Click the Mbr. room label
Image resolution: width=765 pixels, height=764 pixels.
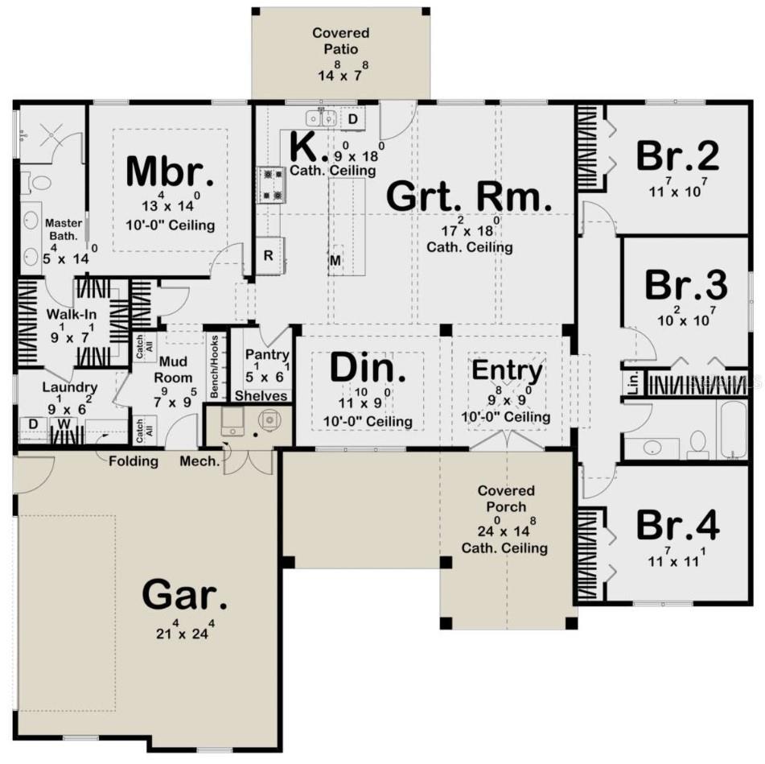(169, 171)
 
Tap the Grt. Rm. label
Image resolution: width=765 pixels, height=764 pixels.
(469, 196)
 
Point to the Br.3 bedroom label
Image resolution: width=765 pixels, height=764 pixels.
(686, 285)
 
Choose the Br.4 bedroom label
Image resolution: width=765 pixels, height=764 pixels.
(677, 525)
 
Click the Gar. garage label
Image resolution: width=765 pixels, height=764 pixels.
(184, 594)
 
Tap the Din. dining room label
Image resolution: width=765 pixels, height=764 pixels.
(368, 367)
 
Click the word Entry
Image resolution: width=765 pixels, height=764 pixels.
(507, 370)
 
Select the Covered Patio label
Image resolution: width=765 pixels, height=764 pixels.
(340, 41)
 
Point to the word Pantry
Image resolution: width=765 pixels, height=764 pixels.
(267, 355)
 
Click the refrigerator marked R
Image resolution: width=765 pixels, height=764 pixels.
(269, 255)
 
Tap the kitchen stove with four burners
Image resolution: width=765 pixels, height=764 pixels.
(272, 184)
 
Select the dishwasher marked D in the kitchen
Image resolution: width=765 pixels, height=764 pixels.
(353, 118)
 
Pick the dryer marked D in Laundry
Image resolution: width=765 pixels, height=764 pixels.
(33, 424)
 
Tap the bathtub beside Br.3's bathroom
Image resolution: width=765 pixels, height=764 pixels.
(731, 430)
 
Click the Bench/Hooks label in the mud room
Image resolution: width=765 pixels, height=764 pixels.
(214, 366)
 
